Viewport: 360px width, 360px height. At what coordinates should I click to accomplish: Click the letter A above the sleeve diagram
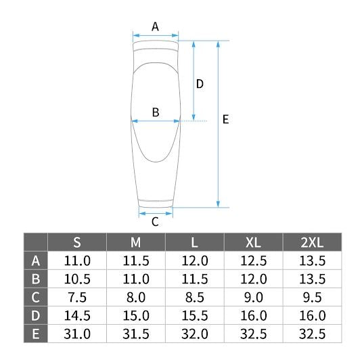(x=155, y=26)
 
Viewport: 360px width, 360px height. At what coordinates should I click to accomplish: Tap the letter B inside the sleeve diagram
(x=156, y=112)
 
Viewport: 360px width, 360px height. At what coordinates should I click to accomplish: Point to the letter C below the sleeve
(x=155, y=222)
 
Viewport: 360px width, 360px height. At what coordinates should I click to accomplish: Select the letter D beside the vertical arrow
(x=200, y=84)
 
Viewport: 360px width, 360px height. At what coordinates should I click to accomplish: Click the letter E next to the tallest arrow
(x=226, y=119)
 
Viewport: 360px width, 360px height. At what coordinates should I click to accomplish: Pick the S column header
(x=77, y=242)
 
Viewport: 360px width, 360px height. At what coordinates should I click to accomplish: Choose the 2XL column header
(x=312, y=242)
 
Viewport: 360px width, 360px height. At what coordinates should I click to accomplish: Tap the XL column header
(x=254, y=242)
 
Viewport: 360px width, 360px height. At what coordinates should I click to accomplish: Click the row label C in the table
(x=36, y=297)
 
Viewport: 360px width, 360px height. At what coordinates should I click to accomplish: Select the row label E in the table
(x=36, y=334)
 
